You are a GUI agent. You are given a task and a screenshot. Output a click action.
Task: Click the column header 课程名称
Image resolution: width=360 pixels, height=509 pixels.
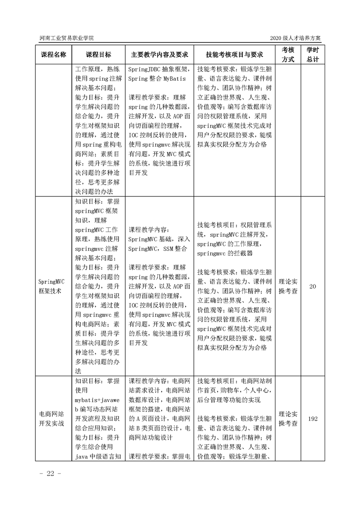pyautogui.click(x=54, y=54)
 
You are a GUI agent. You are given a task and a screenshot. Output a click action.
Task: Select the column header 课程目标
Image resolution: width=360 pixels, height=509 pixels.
pyautogui.click(x=98, y=54)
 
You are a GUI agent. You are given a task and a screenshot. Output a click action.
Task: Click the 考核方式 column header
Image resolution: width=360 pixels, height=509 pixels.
pyautogui.click(x=288, y=54)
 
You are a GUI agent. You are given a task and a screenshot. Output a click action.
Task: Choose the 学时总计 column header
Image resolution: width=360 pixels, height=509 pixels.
pyautogui.click(x=312, y=54)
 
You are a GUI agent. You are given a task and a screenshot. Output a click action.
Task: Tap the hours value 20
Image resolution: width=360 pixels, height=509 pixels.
pyautogui.click(x=312, y=287)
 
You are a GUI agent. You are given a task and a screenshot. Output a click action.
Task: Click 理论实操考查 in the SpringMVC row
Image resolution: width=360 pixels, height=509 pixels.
pyautogui.click(x=288, y=287)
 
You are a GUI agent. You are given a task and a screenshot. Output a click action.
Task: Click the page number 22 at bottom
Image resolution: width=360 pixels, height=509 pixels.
pyautogui.click(x=47, y=474)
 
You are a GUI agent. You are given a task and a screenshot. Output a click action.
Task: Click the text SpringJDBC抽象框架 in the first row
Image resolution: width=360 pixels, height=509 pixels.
pyautogui.click(x=157, y=70)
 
